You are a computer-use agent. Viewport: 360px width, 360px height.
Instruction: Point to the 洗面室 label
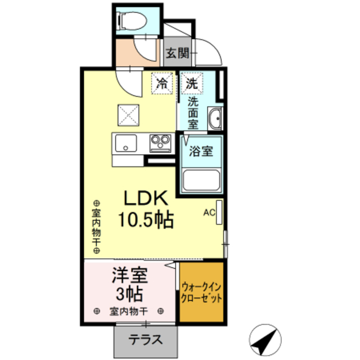tap(192, 112)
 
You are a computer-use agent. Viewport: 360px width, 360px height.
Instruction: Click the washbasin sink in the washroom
tap(214, 119)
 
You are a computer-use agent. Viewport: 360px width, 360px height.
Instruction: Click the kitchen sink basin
tap(125, 143)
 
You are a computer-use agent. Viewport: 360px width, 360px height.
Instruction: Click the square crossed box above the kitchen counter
tap(127, 116)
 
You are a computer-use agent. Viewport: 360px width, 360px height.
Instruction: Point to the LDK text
tap(145, 199)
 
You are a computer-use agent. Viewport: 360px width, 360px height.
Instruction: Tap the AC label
tap(209, 213)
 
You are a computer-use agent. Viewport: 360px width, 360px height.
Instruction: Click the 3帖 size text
tap(129, 293)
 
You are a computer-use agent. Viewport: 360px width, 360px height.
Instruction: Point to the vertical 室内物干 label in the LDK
tap(96, 228)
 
